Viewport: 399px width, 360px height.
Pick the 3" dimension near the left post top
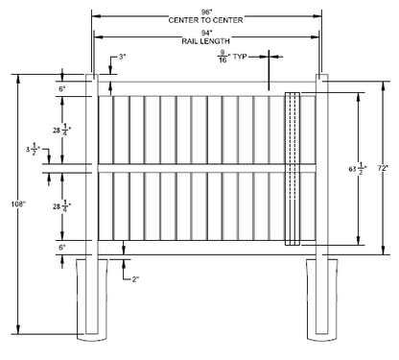(x=122, y=59)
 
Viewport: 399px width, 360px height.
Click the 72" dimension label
(x=383, y=167)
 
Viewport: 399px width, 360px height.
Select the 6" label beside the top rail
(x=63, y=87)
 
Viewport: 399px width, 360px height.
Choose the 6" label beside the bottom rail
(x=63, y=247)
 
